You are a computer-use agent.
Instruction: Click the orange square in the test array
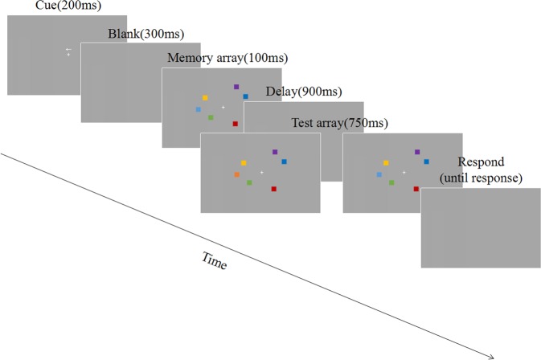click(237, 174)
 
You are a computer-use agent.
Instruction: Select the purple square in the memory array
click(236, 86)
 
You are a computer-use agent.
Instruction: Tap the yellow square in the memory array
click(205, 98)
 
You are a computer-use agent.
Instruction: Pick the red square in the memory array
click(236, 124)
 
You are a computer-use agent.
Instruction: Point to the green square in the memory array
click(211, 117)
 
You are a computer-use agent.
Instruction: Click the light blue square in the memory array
click(199, 109)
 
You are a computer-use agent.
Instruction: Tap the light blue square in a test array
click(379, 174)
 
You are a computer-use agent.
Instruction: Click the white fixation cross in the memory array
click(223, 107)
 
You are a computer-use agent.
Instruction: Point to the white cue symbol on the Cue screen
click(68, 52)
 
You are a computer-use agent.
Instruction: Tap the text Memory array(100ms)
click(227, 58)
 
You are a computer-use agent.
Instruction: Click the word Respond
click(481, 162)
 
